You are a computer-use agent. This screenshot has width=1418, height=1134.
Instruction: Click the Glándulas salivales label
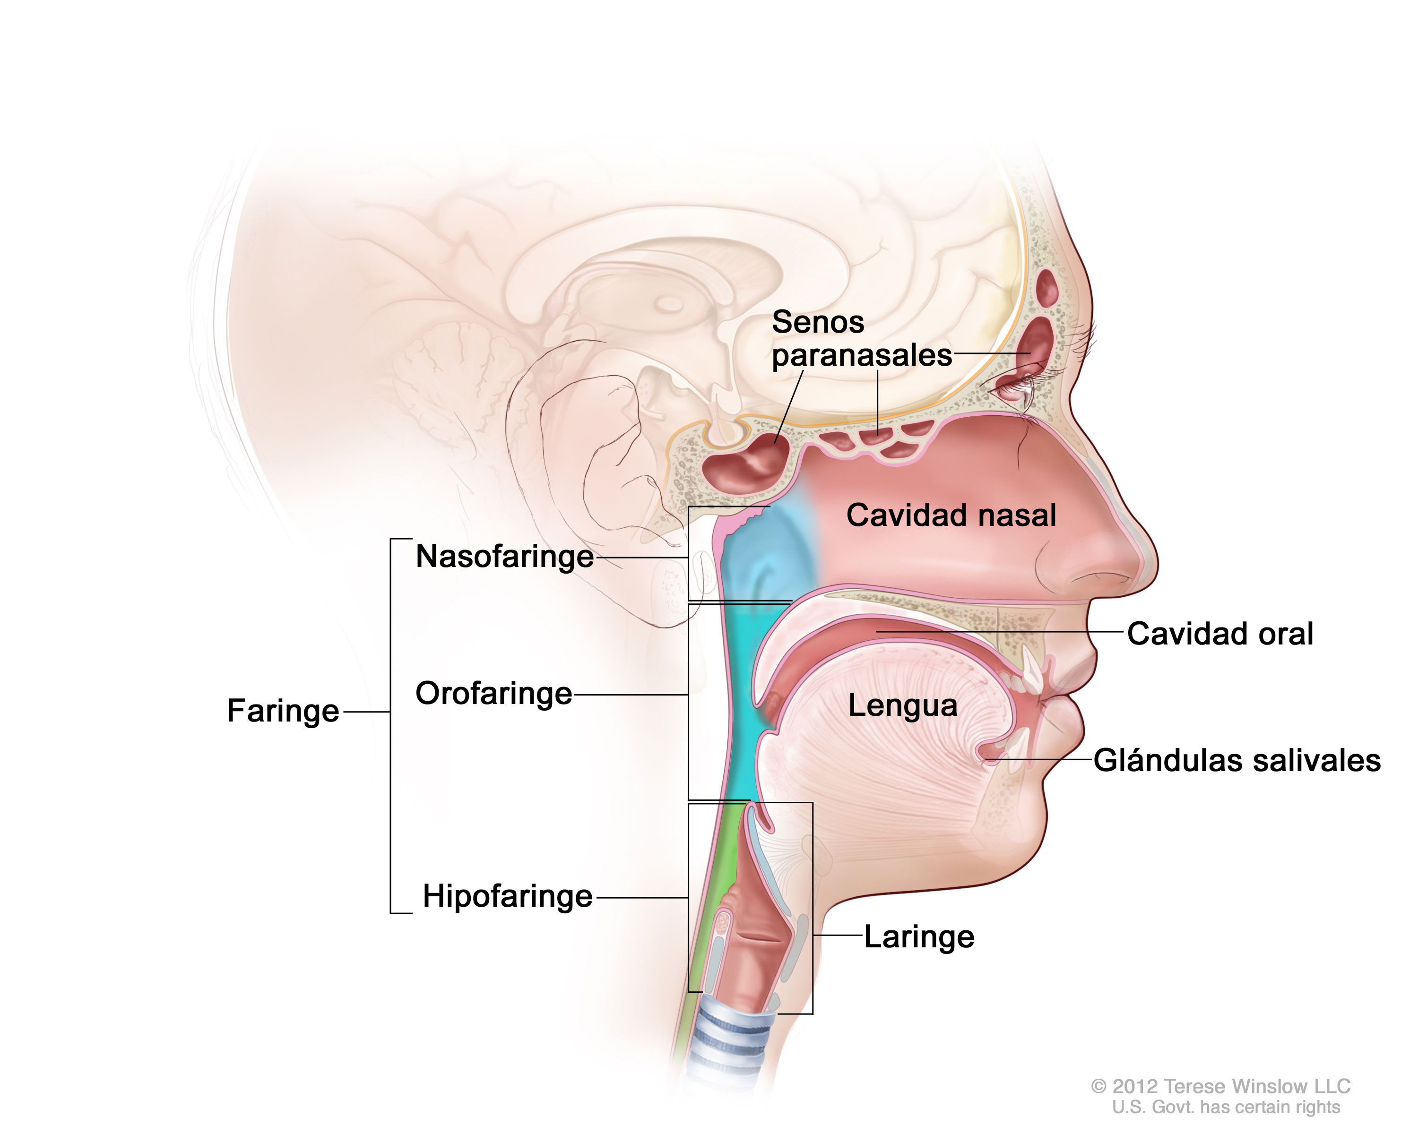pyautogui.click(x=1237, y=761)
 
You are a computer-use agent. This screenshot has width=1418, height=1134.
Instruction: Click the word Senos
pyautogui.click(x=818, y=322)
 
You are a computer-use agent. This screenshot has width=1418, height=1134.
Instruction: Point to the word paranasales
pyautogui.click(x=862, y=356)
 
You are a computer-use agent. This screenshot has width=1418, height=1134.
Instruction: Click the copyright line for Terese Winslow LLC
pyautogui.click(x=1221, y=1085)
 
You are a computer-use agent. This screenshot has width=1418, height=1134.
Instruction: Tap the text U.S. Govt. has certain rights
pyautogui.click(x=1226, y=1107)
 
